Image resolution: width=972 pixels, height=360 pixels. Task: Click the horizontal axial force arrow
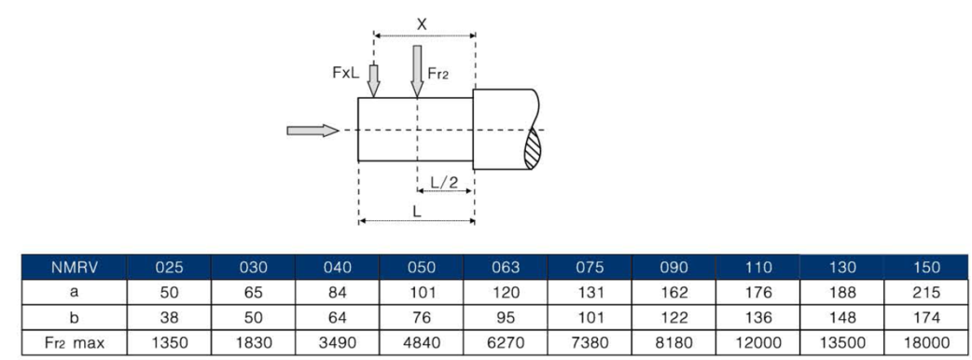coord(313,131)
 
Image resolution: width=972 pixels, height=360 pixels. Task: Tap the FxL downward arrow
coord(373,81)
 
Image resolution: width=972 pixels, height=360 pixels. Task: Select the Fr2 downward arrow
coord(417,71)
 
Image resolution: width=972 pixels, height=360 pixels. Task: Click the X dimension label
coord(422,25)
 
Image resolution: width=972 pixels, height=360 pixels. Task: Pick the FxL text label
coord(345,73)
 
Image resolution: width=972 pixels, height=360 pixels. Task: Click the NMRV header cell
coord(74,267)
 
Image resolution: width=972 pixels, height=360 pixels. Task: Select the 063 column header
coord(506,267)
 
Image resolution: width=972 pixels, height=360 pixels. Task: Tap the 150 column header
coord(926,267)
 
